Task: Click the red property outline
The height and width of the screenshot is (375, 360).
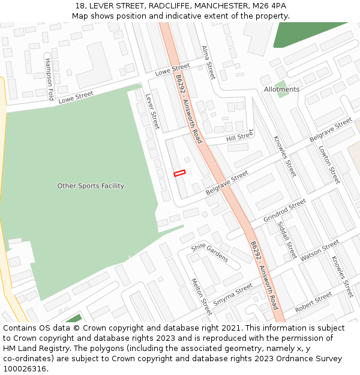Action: pyautogui.click(x=179, y=173)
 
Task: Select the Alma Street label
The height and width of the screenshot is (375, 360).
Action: pyautogui.click(x=208, y=62)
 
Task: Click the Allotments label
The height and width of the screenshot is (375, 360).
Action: pyautogui.click(x=281, y=89)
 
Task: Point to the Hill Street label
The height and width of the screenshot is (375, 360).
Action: pyautogui.click(x=239, y=137)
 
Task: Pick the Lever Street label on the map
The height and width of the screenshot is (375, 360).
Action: pyautogui.click(x=152, y=111)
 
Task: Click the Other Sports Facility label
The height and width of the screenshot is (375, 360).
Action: pyautogui.click(x=91, y=186)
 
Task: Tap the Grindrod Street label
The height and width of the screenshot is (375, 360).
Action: pyautogui.click(x=284, y=211)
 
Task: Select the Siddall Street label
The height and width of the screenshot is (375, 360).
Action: pyautogui.click(x=287, y=239)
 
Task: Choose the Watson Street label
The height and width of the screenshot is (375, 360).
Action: pyautogui.click(x=319, y=250)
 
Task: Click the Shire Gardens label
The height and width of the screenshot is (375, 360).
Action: pyautogui.click(x=209, y=253)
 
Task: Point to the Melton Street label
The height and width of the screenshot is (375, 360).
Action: pyautogui.click(x=201, y=296)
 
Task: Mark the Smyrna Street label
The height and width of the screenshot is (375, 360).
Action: pyautogui.click(x=233, y=295)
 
